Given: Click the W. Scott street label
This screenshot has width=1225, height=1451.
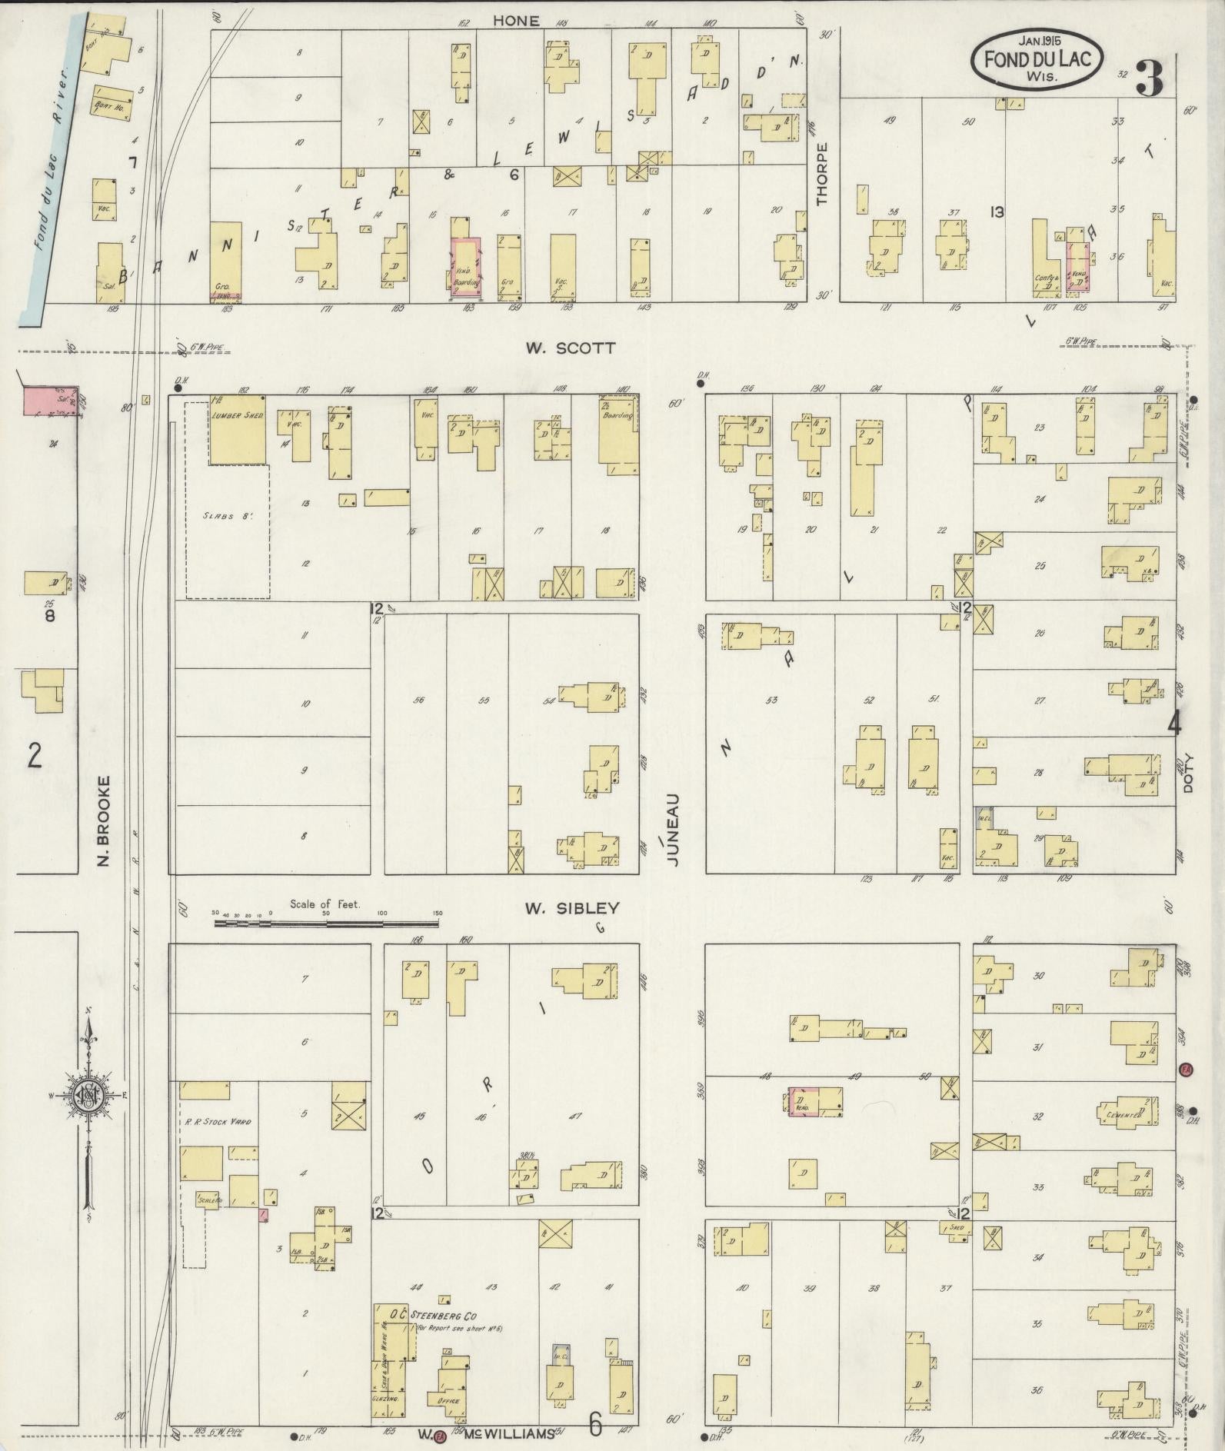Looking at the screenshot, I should click(x=570, y=348).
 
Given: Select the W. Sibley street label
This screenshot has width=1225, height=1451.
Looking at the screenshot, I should click(x=571, y=909).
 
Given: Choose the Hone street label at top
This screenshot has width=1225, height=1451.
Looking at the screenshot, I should click(x=516, y=22).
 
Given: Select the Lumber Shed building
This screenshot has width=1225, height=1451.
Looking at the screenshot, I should click(x=238, y=431).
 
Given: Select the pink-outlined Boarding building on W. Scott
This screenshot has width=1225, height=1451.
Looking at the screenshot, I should click(x=467, y=267).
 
